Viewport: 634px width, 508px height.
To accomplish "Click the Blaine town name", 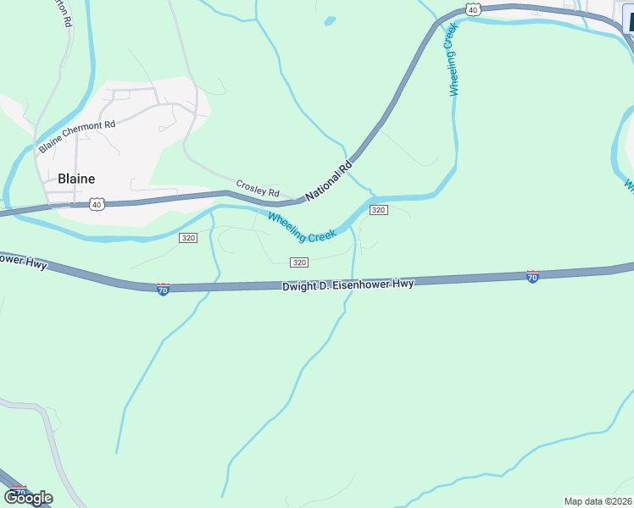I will (76, 179).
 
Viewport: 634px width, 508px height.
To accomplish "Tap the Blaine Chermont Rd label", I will (77, 136).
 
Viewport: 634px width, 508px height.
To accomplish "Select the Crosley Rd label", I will (258, 189).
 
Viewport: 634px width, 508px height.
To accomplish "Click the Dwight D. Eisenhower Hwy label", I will (348, 285).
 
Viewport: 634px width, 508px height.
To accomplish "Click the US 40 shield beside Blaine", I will (97, 204).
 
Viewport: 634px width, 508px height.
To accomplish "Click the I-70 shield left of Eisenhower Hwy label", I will (164, 290).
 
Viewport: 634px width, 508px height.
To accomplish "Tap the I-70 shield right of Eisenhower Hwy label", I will (532, 276).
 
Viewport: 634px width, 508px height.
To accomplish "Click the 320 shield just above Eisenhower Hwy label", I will (298, 262).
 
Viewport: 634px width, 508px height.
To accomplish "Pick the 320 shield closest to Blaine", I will (188, 238).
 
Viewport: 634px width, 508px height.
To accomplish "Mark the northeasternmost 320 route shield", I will (379, 210).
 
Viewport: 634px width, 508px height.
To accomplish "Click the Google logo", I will (28, 498).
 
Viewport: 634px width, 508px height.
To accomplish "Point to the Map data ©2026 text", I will (598, 501).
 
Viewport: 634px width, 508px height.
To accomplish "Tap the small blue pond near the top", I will (330, 21).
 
